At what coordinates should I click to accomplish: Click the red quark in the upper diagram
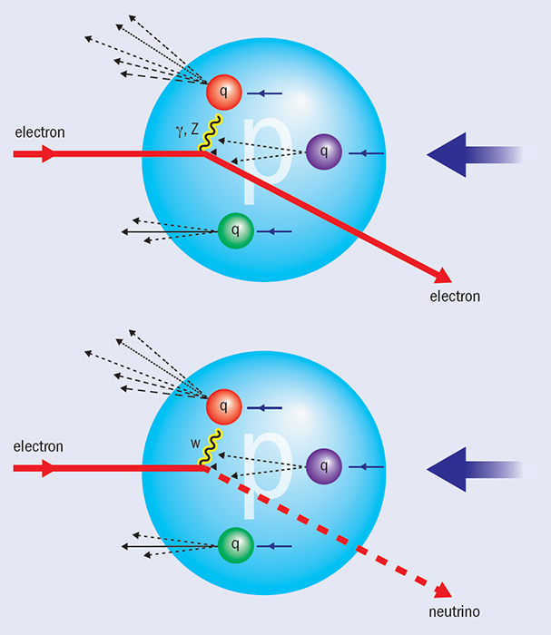(x=223, y=91)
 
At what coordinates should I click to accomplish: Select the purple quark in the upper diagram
(x=323, y=152)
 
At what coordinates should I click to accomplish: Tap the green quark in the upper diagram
(x=236, y=231)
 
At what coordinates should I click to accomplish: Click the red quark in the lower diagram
(x=223, y=405)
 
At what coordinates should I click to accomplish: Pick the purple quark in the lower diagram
(x=323, y=467)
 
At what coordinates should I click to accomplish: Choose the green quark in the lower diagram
(x=236, y=546)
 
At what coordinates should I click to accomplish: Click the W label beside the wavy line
(x=195, y=444)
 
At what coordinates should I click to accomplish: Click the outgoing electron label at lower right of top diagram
(x=457, y=297)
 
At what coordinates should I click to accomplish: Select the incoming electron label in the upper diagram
(x=39, y=132)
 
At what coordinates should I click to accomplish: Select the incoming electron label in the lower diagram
(x=39, y=446)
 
